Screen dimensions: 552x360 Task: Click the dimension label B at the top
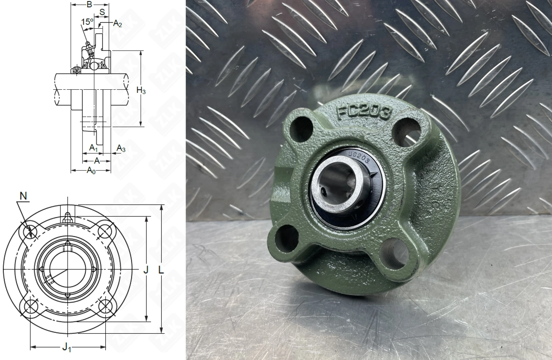point(89,4)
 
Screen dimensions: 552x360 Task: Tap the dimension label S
point(102,12)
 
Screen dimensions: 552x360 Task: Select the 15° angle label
point(87,22)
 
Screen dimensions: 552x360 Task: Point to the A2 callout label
point(118,24)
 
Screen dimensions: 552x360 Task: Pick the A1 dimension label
point(93,148)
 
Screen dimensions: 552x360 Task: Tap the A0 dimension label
point(91,170)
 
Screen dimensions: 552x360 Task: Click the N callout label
point(23,196)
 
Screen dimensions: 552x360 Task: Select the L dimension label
point(161,270)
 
